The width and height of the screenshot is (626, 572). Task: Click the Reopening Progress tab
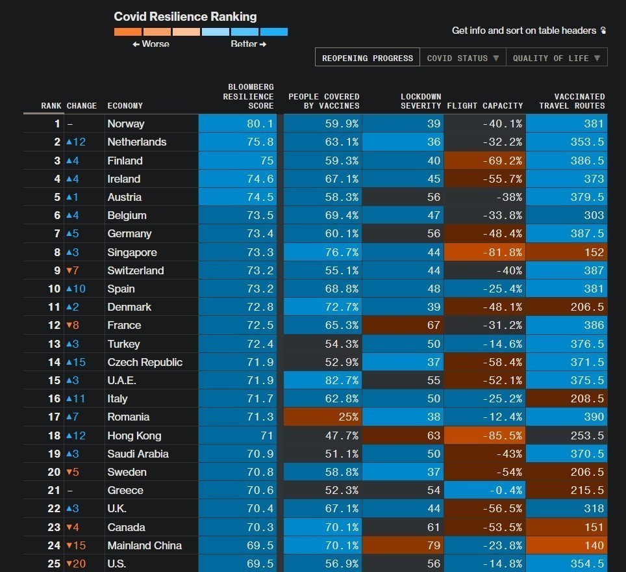pos(368,58)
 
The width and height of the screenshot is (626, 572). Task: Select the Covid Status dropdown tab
pos(462,58)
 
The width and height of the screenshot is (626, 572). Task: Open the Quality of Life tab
pos(557,58)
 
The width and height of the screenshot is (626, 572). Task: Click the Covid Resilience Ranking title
pos(185,17)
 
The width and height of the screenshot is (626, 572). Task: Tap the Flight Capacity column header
pos(485,105)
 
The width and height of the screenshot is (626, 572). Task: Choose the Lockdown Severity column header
pos(420,101)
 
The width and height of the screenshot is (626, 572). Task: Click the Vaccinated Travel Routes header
pos(571,101)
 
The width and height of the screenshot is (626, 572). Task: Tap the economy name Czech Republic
pos(145,362)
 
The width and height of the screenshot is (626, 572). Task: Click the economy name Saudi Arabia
pos(138,454)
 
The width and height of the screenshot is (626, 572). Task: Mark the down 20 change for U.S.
pos(75,564)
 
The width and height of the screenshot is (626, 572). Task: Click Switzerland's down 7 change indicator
pos(72,270)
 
